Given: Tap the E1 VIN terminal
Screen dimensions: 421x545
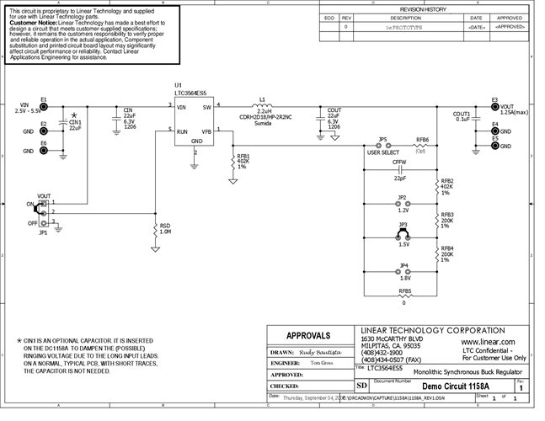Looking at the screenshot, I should [x=44, y=107].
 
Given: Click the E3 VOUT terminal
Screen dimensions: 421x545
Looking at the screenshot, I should [x=495, y=106].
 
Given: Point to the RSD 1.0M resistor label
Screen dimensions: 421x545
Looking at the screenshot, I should [x=164, y=228].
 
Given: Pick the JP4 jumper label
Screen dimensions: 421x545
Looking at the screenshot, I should [x=403, y=266].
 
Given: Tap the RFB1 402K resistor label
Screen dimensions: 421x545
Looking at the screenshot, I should [x=243, y=161].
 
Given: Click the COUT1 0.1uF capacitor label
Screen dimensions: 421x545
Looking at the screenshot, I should [x=461, y=116].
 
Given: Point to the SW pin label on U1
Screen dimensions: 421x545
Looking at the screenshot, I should [x=206, y=106].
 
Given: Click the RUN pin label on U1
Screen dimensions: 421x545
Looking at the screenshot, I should [x=181, y=131].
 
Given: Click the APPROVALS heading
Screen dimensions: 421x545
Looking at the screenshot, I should [x=313, y=335].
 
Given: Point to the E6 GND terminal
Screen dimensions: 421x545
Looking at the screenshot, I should [x=44, y=152].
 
